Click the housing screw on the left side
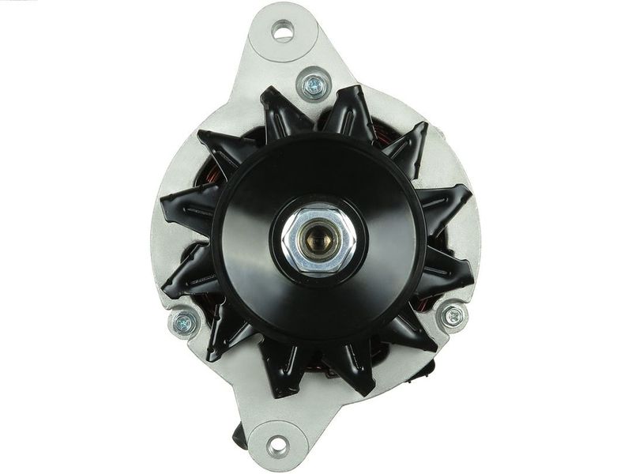185,321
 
